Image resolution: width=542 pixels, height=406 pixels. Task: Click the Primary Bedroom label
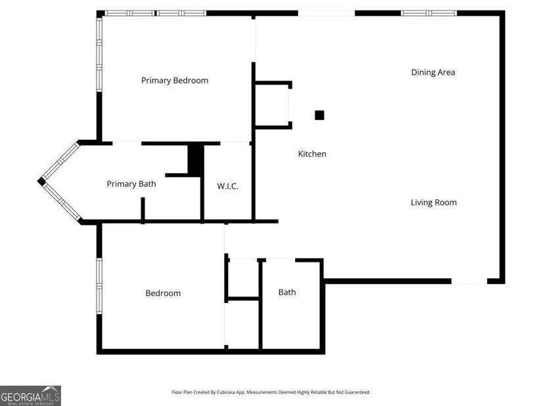175,81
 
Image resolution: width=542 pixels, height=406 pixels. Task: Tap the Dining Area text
433,72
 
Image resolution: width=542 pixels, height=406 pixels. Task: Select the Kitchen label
312,153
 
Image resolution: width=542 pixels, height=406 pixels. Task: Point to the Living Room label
434,202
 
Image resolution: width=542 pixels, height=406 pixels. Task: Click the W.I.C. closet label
227,186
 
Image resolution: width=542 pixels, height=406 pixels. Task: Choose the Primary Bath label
131,184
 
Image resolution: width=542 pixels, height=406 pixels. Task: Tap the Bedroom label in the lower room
163,293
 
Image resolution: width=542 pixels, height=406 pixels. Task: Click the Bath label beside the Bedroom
287,292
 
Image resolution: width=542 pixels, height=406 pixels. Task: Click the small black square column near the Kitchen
319,115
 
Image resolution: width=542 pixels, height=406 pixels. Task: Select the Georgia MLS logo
30,396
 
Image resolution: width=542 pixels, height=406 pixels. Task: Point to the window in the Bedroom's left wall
99,286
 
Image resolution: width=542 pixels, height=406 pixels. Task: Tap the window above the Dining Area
428,13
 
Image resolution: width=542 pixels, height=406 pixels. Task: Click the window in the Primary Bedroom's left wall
99,54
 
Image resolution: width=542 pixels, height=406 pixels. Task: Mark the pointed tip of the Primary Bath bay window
38,181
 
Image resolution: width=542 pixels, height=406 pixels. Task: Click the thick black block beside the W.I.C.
196,159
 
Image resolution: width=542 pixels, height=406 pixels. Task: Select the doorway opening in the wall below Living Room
469,281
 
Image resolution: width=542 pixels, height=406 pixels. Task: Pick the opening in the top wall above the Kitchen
327,13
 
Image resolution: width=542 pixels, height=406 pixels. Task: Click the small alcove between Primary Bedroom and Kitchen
272,105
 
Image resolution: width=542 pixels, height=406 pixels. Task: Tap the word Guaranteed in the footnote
359,392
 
